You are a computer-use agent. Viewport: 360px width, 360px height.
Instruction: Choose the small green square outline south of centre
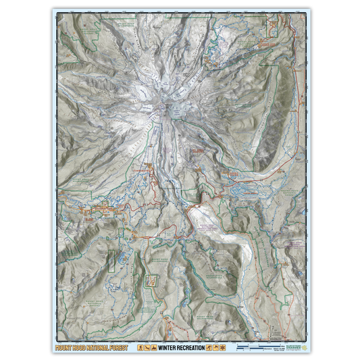[153, 280]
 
